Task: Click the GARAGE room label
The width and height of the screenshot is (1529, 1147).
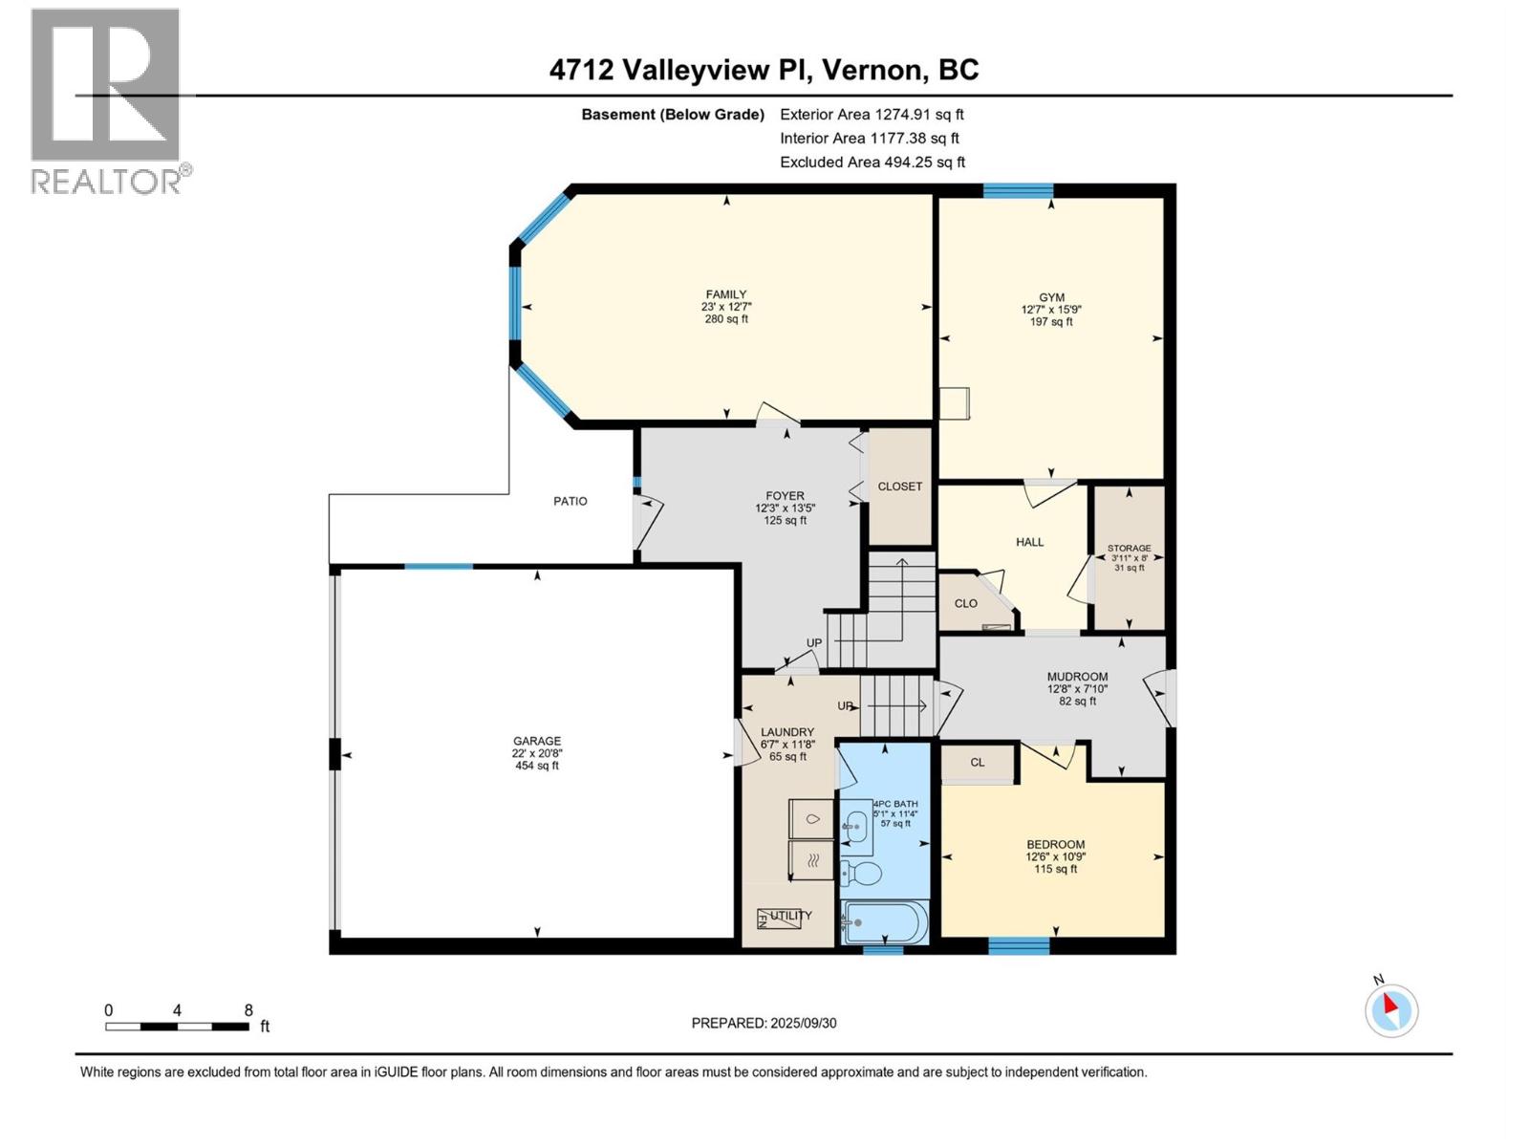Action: click(x=536, y=741)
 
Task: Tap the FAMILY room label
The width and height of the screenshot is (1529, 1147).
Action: click(x=726, y=294)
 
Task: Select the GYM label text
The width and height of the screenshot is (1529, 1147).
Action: click(x=1051, y=297)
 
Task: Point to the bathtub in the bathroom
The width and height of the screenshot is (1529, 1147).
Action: click(x=884, y=922)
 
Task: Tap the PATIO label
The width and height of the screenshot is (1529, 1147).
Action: click(x=571, y=501)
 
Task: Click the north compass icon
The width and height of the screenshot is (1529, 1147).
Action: click(x=1390, y=1010)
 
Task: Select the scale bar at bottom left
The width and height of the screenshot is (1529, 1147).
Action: click(x=178, y=1027)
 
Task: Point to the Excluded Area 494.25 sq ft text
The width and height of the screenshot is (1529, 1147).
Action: click(x=872, y=162)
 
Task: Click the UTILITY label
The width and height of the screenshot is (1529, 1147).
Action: click(x=790, y=916)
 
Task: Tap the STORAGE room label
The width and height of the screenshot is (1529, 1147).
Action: click(x=1129, y=549)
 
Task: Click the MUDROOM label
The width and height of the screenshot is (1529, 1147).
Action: click(x=1077, y=677)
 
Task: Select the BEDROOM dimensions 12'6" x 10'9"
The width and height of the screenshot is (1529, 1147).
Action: click(x=1055, y=856)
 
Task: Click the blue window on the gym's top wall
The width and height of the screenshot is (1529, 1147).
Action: click(x=1018, y=190)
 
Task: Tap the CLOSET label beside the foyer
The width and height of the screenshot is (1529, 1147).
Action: click(x=899, y=487)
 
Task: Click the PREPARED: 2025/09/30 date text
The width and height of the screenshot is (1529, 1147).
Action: click(x=764, y=1023)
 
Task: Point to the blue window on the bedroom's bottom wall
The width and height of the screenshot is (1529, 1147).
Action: click(x=1019, y=947)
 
